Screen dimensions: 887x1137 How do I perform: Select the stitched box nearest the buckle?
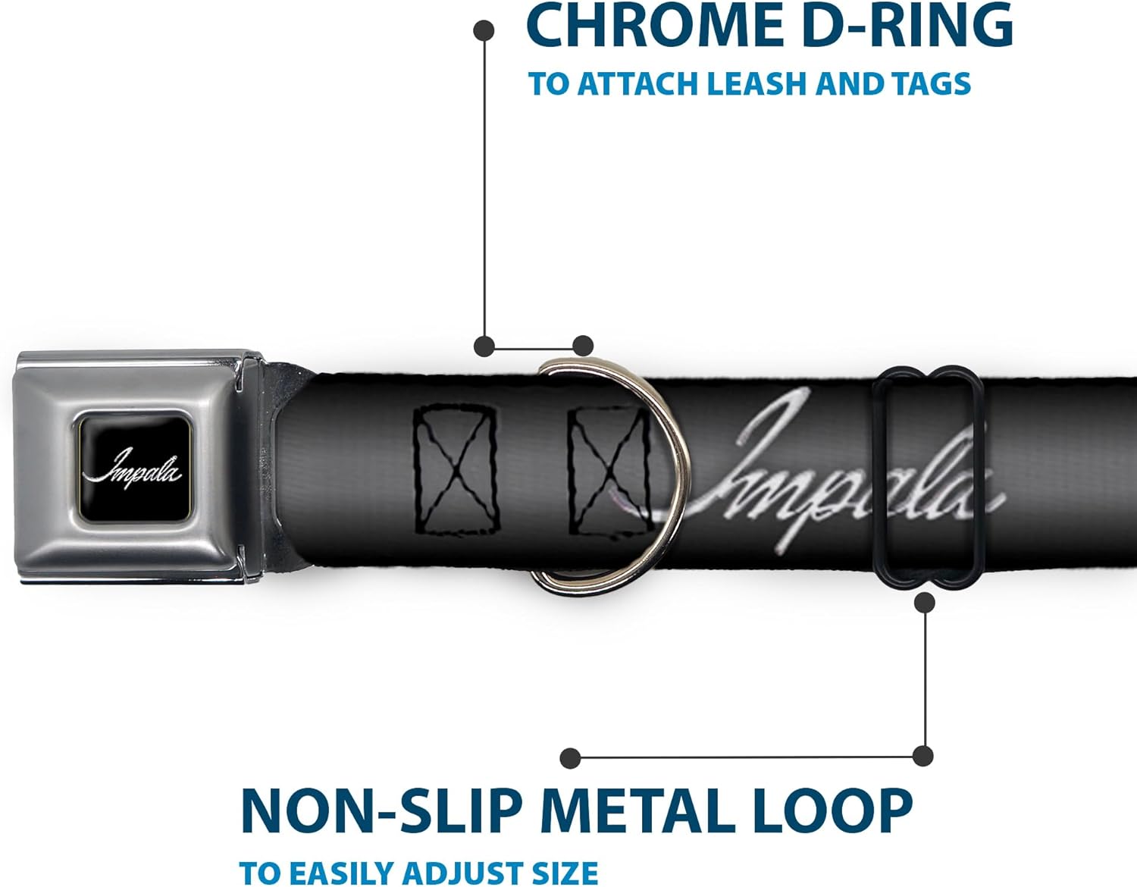pos(456,469)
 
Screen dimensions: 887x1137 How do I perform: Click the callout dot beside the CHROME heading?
pos(484,30)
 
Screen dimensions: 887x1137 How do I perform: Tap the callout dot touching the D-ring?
pos(582,346)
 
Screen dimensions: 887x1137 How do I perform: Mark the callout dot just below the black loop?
pos(924,603)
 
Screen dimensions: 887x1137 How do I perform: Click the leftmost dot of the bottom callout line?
pos(570,757)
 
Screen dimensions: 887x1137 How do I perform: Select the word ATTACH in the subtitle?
pos(637,83)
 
